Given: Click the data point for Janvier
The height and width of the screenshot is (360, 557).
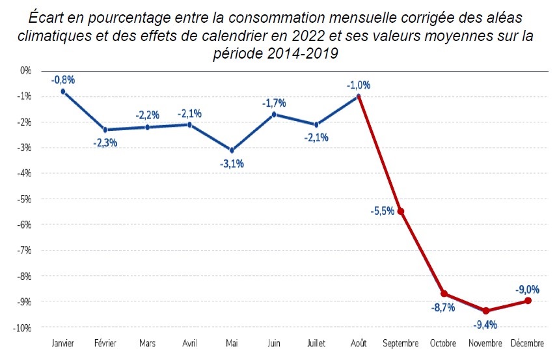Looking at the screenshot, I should [62, 91].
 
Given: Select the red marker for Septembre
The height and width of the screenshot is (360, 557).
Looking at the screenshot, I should [400, 211].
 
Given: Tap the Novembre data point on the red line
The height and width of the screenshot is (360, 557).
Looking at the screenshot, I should [485, 311].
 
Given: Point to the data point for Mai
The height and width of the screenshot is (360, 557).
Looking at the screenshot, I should [232, 150].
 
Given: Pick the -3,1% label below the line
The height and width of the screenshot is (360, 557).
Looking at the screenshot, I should [232, 163].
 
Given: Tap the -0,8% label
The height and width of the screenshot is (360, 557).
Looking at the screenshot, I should [63, 79].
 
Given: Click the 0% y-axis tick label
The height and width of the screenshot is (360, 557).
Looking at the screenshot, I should [25, 70].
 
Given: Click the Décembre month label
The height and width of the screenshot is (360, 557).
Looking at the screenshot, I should [527, 342].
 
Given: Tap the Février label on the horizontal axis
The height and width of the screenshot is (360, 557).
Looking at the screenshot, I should [105, 342].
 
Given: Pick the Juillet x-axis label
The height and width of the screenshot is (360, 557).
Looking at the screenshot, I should [316, 342].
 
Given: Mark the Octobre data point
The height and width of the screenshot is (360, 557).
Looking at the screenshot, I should [443, 294].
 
